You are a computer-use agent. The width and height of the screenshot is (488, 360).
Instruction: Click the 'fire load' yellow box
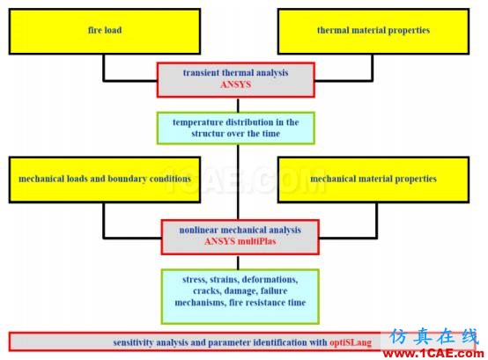(105, 31)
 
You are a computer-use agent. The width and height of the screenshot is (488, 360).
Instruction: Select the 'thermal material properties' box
(373, 31)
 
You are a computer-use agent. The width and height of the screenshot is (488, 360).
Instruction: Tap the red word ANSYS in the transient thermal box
(235, 84)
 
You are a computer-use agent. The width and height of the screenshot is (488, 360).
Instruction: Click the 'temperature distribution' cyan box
(235, 129)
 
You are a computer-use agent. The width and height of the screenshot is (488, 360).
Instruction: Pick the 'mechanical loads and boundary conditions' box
(105, 180)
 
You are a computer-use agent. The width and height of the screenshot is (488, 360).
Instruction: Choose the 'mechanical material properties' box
(373, 180)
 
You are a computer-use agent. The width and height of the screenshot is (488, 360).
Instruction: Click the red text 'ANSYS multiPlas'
(240, 241)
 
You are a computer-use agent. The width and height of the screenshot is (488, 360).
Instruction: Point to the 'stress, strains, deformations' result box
(240, 297)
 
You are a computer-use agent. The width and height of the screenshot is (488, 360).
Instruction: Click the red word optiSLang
(351, 342)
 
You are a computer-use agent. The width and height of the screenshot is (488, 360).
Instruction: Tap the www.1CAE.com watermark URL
(433, 354)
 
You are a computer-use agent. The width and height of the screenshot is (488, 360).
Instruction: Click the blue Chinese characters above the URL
(433, 336)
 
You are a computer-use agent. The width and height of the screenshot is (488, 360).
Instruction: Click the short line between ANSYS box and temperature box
(238, 105)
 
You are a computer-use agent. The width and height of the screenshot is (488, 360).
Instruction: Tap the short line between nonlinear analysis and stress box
(238, 262)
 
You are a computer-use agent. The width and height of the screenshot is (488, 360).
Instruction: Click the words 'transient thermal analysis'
(235, 73)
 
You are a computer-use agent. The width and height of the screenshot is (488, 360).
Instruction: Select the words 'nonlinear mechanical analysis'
(240, 231)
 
